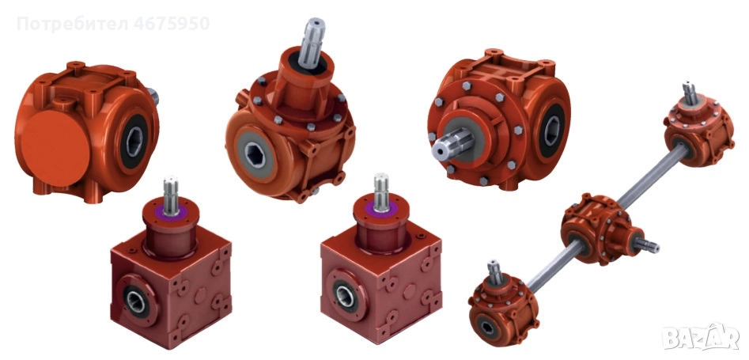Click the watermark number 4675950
pos(172,24)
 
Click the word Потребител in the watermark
pos(73,24)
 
